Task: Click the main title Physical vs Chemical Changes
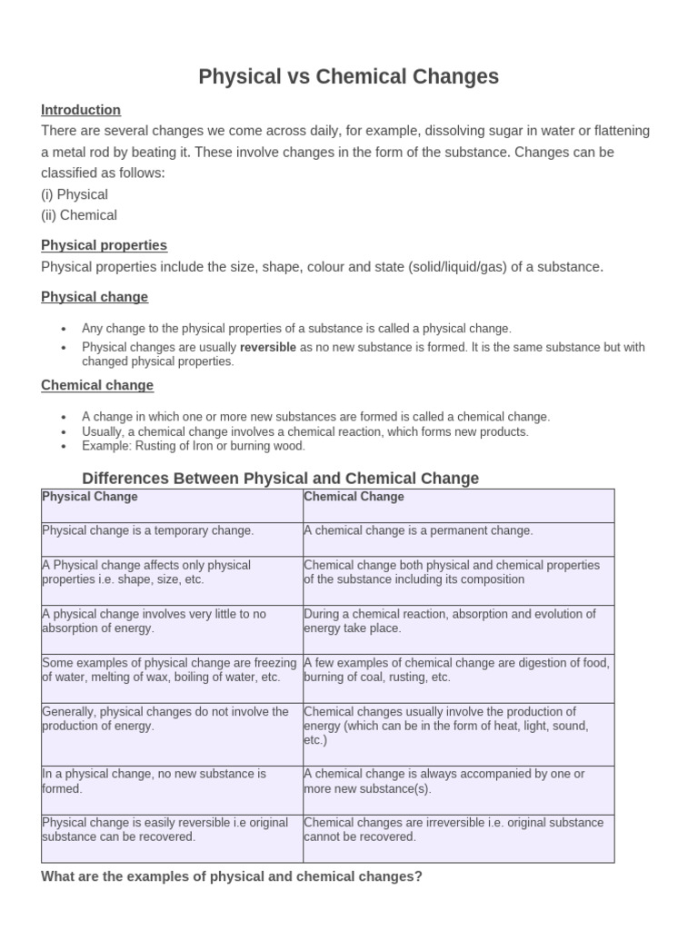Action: point(349,77)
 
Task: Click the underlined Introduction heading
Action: point(81,110)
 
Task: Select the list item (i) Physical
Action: point(75,194)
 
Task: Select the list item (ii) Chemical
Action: point(79,215)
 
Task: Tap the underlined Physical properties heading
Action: point(104,245)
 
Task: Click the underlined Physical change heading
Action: point(95,297)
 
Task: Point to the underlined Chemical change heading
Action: point(97,385)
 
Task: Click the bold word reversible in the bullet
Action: point(268,347)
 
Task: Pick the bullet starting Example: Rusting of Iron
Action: point(194,446)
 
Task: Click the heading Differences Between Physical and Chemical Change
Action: point(280,478)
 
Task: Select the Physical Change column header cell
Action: point(172,505)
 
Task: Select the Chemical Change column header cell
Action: point(458,505)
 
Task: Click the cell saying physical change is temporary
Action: point(172,539)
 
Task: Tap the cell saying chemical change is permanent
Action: point(458,539)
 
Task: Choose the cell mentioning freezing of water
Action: point(172,678)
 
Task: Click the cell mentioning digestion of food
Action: point(458,678)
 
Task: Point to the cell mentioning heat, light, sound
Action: point(458,733)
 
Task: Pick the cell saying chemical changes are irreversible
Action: point(458,836)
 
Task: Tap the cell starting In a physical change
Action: point(172,788)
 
